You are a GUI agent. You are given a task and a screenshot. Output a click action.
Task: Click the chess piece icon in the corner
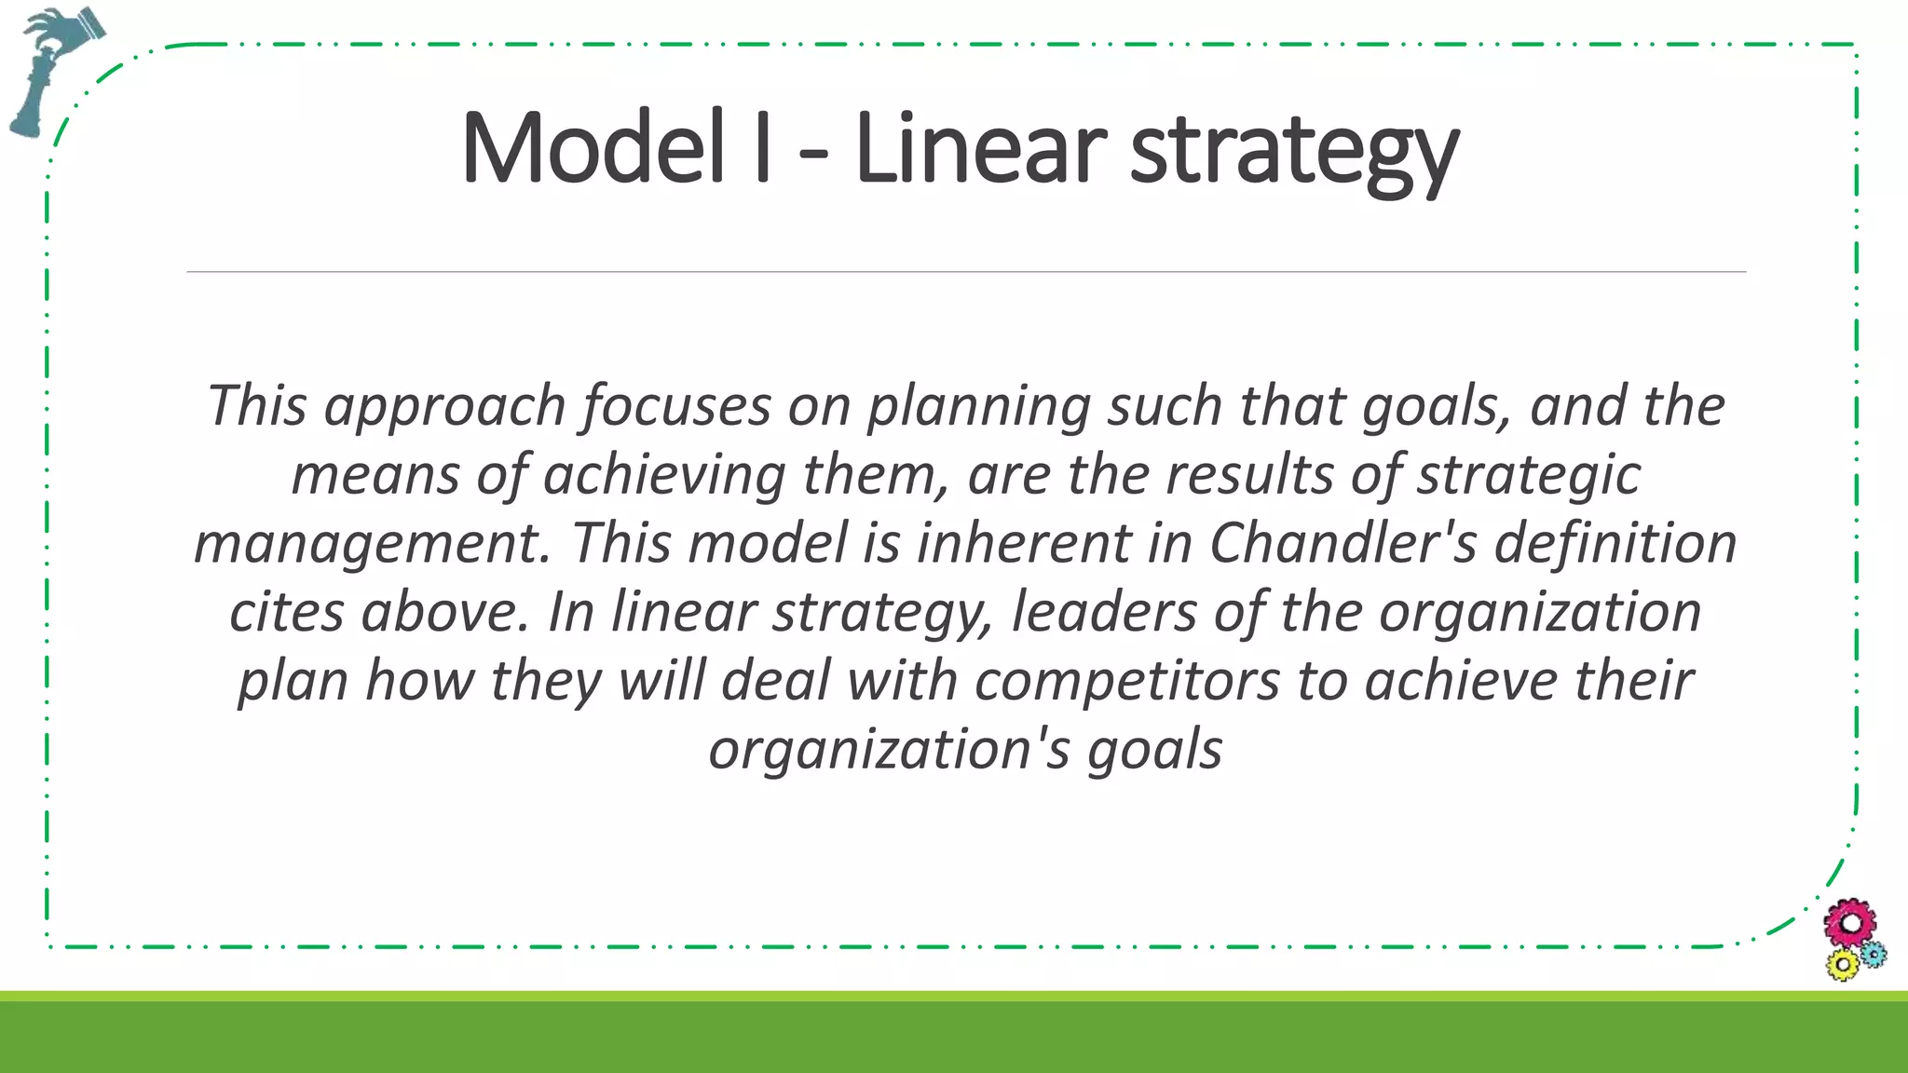(x=51, y=70)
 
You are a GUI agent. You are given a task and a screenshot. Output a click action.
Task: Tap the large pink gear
(x=1850, y=924)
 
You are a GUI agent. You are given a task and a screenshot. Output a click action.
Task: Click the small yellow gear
(x=1842, y=965)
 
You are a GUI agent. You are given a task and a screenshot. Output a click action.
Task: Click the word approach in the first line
(x=444, y=407)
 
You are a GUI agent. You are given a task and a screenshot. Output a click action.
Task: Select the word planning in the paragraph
(x=978, y=407)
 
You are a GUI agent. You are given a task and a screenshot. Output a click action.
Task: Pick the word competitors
(x=1126, y=681)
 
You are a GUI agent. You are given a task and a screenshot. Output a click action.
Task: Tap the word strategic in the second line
(x=1528, y=476)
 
